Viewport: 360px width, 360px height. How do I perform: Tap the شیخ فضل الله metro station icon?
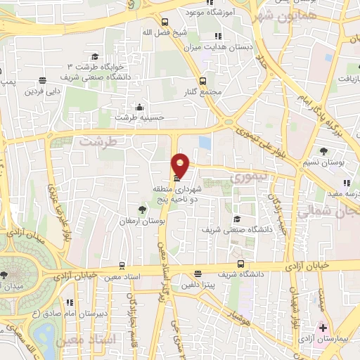[165, 22]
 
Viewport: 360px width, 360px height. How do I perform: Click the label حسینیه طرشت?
[134, 117]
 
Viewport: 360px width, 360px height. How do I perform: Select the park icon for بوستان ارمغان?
[143, 210]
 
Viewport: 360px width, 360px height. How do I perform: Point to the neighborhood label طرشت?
[95, 141]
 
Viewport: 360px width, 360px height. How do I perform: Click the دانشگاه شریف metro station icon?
[241, 264]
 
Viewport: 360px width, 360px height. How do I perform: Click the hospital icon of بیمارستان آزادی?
[323, 328]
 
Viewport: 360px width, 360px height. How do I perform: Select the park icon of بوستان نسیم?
[323, 150]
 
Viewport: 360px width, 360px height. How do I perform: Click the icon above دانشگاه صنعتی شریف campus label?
[236, 219]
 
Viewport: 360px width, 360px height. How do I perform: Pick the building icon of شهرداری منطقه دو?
[175, 179]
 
